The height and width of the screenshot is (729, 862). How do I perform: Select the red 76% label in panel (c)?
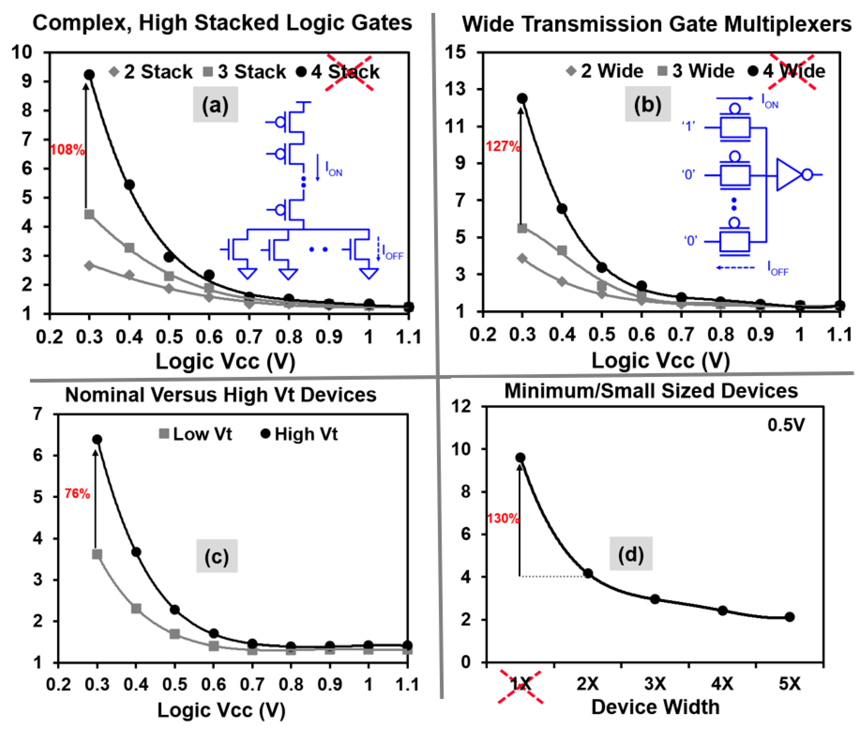click(77, 493)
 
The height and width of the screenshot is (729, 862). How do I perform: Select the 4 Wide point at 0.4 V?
click(562, 209)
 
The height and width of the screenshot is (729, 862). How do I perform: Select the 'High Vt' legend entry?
click(300, 434)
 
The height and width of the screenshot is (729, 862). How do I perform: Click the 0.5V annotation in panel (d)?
click(786, 425)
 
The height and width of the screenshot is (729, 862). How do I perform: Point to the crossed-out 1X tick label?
click(520, 684)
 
